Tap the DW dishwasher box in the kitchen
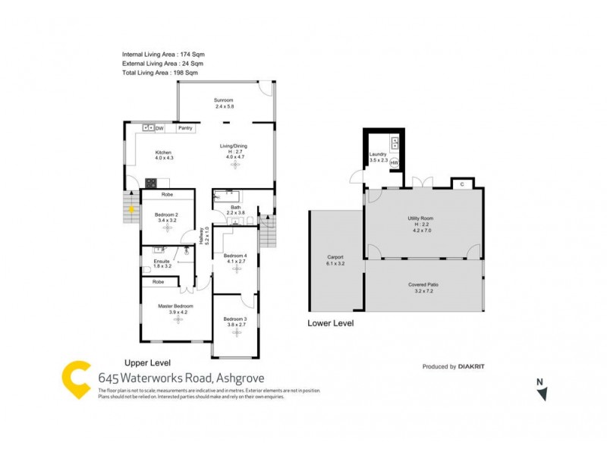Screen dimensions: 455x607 tap(159, 128)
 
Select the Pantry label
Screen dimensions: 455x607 tap(185, 128)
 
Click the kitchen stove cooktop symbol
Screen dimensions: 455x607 tap(151, 182)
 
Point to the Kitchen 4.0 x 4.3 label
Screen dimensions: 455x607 tap(165, 155)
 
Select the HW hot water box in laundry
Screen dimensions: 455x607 tap(395, 162)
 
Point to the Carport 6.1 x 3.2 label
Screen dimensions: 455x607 tap(335, 260)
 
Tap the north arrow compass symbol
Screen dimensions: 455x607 tap(541, 392)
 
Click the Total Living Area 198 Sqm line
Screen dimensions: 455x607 tap(160, 73)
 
